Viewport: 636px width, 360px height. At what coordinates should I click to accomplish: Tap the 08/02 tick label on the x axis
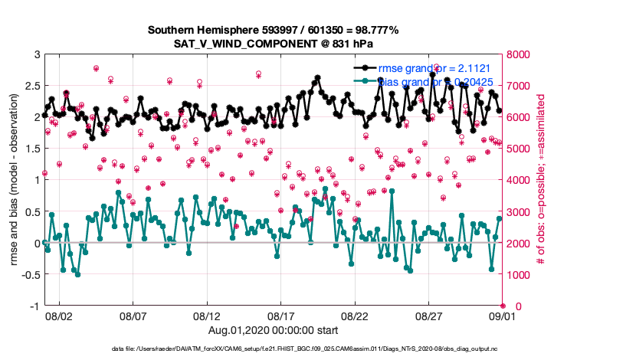pyautogui.click(x=59, y=316)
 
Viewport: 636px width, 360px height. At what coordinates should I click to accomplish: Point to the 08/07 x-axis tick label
pyautogui.click(x=133, y=316)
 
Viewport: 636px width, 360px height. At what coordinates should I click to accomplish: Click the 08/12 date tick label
pyautogui.click(x=207, y=316)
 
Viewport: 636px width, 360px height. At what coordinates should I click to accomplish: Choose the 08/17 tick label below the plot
pyautogui.click(x=281, y=316)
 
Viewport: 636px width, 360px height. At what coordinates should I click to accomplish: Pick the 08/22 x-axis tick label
pyautogui.click(x=356, y=316)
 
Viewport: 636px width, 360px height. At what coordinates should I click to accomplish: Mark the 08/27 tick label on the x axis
pyautogui.click(x=429, y=316)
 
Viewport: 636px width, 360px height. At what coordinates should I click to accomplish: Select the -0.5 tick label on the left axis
pyautogui.click(x=30, y=275)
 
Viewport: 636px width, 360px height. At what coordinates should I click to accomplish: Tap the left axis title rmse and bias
pyautogui.click(x=14, y=180)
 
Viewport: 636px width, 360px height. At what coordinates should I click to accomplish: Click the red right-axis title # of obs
pyautogui.click(x=542, y=180)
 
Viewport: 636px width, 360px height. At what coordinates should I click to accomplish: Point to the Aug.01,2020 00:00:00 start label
pyautogui.click(x=273, y=329)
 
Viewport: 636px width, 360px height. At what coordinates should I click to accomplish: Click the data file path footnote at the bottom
pyautogui.click(x=305, y=349)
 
